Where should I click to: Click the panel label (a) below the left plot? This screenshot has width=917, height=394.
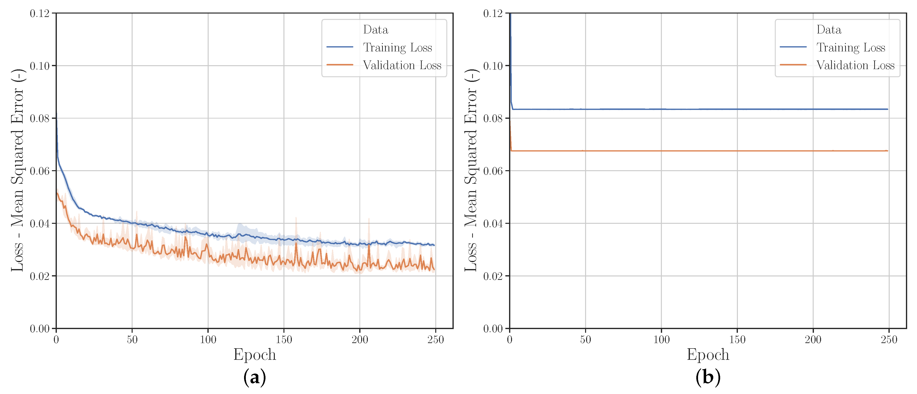(254, 377)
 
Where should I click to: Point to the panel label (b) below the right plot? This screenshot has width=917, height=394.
(708, 377)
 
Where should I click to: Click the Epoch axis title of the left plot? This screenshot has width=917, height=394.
(254, 354)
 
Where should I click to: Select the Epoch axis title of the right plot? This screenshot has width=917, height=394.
(708, 354)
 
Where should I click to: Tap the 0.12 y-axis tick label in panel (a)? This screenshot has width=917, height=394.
(40, 14)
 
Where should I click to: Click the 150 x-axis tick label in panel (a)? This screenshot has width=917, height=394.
(284, 340)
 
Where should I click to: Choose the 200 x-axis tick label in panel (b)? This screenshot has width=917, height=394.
(813, 340)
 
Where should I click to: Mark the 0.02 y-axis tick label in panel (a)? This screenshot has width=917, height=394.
(40, 276)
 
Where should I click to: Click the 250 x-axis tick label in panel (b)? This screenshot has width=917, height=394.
(889, 340)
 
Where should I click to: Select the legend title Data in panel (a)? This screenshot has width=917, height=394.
(375, 30)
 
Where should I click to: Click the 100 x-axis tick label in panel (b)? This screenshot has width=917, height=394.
(661, 340)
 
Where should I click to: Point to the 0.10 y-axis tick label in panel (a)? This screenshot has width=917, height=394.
(40, 66)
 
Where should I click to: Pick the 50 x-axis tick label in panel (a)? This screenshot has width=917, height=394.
(132, 340)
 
